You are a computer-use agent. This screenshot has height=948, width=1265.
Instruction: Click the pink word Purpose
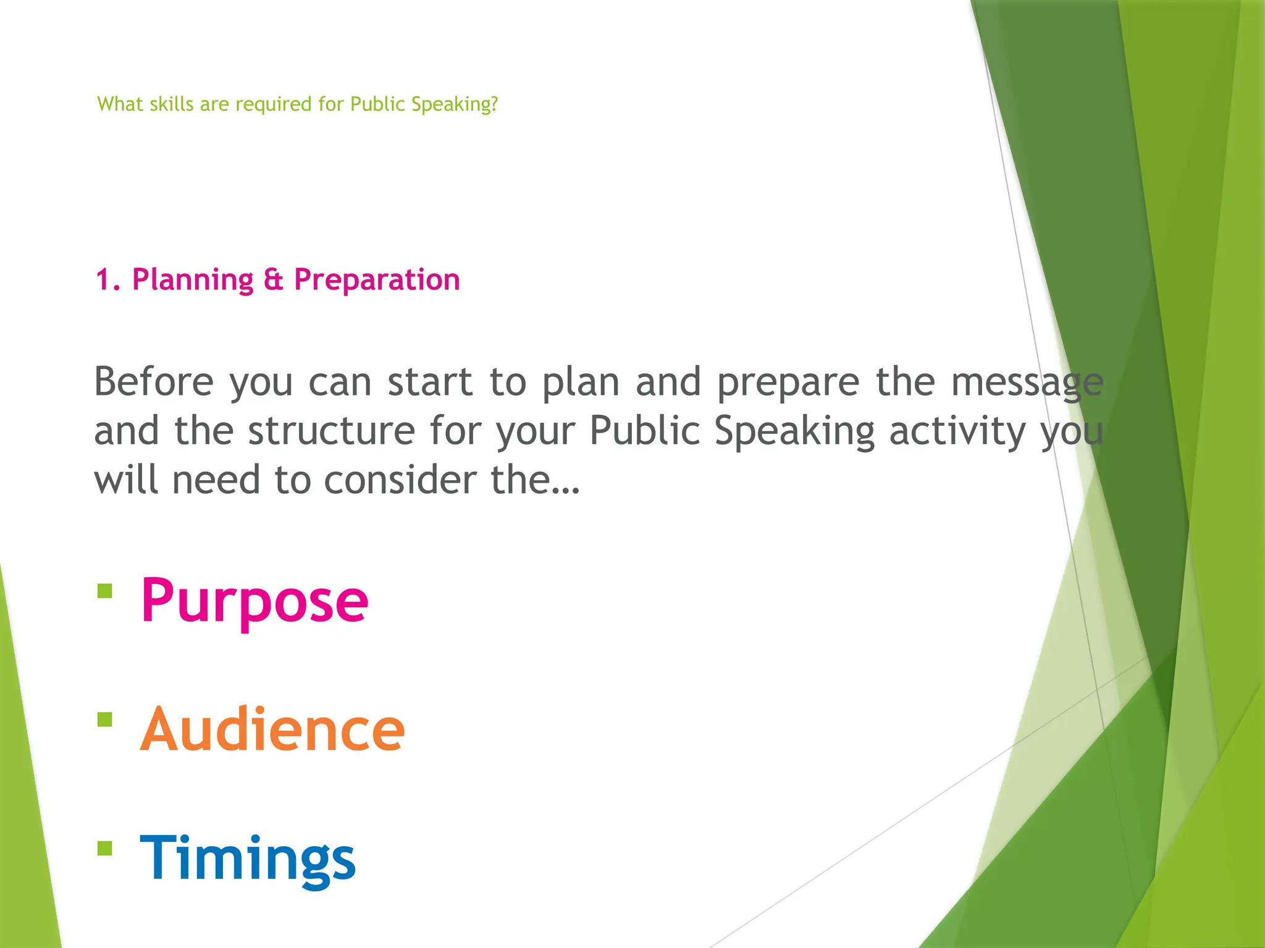click(x=254, y=601)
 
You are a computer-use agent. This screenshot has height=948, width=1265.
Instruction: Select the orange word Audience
click(x=272, y=730)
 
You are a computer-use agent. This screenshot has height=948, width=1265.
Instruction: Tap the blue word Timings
click(x=248, y=859)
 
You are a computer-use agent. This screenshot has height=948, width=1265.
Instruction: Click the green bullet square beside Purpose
click(x=105, y=591)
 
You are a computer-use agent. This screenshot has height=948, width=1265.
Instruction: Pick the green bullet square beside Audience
click(x=105, y=720)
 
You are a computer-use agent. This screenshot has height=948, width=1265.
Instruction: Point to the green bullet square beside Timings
click(x=105, y=849)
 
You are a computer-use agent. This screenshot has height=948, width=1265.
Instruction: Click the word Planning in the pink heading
click(x=193, y=280)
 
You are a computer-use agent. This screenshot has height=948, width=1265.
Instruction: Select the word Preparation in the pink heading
click(x=377, y=280)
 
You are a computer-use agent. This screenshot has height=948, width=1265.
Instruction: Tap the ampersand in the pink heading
click(x=273, y=280)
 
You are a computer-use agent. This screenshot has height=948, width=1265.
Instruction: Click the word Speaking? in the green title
click(x=455, y=104)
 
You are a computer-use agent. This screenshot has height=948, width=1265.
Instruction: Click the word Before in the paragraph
click(x=153, y=381)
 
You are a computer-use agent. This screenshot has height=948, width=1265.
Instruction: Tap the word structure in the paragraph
click(x=332, y=431)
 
